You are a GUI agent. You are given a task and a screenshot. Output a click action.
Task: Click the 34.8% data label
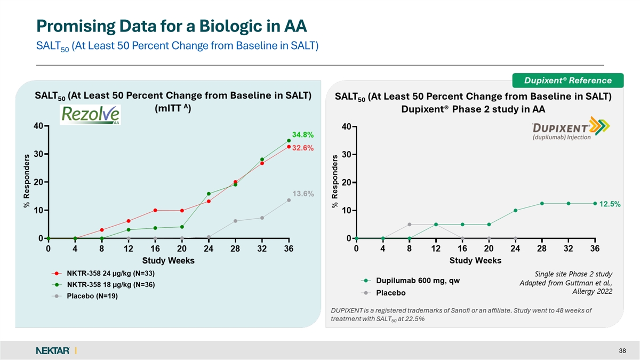point(302,134)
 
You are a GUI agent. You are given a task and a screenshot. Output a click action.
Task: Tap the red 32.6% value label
point(302,148)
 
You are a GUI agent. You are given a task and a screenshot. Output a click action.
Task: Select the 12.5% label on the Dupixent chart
point(610,204)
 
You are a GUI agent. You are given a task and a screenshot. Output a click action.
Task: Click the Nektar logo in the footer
point(53,350)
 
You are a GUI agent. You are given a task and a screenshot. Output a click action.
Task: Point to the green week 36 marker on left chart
point(289,140)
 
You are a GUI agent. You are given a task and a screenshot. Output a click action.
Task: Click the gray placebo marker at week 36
point(289,200)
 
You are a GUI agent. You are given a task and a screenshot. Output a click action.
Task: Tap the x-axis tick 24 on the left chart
point(209,248)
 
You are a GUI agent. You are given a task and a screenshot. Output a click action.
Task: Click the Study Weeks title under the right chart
point(475,260)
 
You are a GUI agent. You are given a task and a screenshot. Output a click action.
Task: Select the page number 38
point(622,350)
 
